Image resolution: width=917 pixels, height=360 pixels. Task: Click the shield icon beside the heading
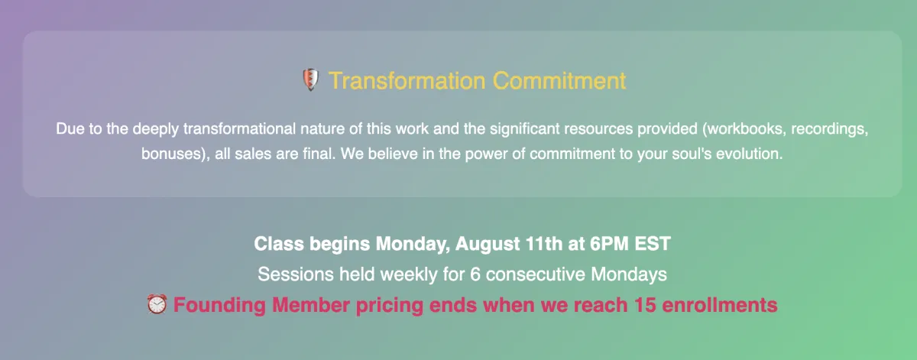coord(310,79)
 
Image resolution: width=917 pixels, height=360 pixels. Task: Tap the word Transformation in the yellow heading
coord(407,80)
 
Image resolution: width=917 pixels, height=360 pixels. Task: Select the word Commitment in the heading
coord(559,80)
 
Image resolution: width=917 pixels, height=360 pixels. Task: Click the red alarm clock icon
coord(157,304)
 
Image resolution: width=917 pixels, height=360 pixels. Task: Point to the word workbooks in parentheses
coord(744,129)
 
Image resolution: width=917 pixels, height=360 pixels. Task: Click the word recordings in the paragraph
coord(830,129)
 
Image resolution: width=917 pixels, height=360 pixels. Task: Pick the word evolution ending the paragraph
coord(750,154)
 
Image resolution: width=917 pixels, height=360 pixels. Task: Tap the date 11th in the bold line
coord(543,244)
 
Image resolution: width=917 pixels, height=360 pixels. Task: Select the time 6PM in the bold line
coord(609,244)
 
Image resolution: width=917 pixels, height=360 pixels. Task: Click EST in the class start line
coord(653,244)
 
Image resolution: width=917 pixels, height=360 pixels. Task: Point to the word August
coord(488,245)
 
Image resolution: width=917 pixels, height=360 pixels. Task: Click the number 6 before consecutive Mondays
coord(475,274)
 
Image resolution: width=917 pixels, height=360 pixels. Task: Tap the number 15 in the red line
coord(644,305)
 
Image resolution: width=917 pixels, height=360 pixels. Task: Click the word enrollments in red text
coord(720,305)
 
